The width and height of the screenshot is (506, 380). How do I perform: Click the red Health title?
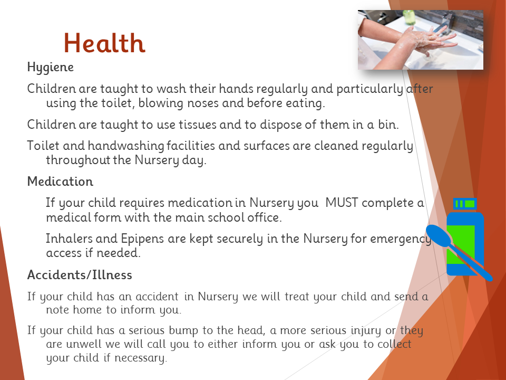[104, 43]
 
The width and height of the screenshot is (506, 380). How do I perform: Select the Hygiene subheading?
[51, 68]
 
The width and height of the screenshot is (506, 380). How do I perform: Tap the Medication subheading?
[60, 181]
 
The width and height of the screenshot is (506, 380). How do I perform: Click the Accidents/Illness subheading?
[80, 275]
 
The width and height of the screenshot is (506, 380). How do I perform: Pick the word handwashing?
[126, 146]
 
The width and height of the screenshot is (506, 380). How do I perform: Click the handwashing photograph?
[421, 40]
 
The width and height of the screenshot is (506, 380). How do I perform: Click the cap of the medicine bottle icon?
[465, 204]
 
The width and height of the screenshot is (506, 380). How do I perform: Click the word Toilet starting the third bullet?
[43, 146]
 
